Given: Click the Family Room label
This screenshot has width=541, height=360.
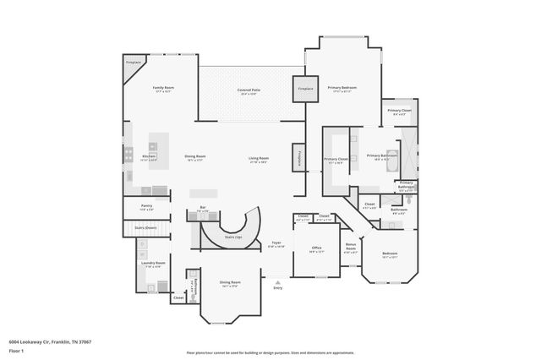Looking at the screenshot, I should [x=163, y=88].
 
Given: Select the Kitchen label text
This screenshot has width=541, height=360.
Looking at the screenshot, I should [x=149, y=156].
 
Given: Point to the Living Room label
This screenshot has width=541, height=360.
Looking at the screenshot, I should [x=258, y=158].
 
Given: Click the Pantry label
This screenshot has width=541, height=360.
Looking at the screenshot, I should [x=146, y=205].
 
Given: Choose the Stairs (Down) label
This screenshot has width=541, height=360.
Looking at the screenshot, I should [x=145, y=227].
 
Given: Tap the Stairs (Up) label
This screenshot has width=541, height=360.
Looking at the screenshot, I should [x=233, y=237].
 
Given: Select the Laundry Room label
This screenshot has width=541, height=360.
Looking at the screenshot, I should [x=153, y=263].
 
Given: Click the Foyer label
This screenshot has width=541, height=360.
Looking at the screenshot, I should [x=276, y=242].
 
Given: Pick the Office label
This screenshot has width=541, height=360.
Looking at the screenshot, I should [x=316, y=247].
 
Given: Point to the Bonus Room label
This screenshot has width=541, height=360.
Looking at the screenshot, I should [x=351, y=245].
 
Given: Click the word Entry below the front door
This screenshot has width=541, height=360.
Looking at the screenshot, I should [x=277, y=288].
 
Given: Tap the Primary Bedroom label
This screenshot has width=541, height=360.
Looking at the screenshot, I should [x=342, y=88].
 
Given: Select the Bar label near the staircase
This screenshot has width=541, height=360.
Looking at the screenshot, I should [x=203, y=207].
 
